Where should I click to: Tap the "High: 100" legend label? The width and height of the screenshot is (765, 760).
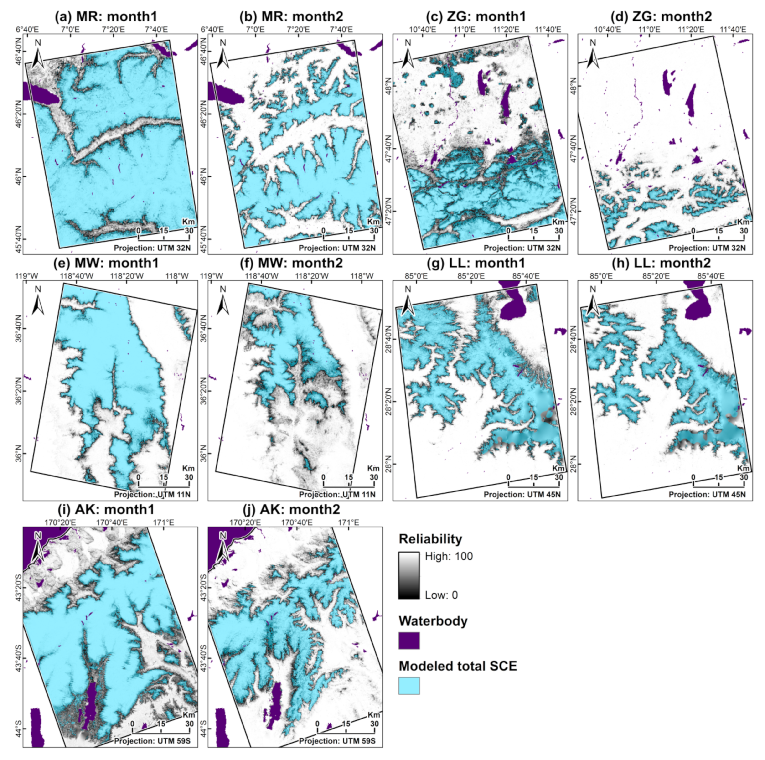(x=449, y=556)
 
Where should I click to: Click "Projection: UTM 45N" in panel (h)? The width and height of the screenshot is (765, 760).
(x=707, y=494)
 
